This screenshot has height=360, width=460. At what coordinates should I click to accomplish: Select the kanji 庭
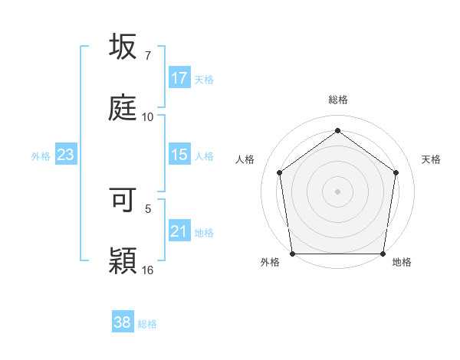pyautogui.click(x=123, y=108)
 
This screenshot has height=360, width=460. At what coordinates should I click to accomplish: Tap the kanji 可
pyautogui.click(x=123, y=201)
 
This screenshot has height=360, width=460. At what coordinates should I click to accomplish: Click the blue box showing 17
pyautogui.click(x=179, y=78)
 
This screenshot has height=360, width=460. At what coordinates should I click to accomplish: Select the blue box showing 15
pyautogui.click(x=179, y=155)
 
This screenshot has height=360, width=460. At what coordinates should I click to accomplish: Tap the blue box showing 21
pyautogui.click(x=179, y=231)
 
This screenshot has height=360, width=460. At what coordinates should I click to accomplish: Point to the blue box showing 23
pyautogui.click(x=66, y=155)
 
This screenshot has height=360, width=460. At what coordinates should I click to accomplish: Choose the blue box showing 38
pyautogui.click(x=123, y=322)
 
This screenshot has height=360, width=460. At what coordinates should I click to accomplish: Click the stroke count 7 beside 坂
pyautogui.click(x=148, y=55)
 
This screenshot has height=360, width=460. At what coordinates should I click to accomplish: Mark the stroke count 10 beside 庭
pyautogui.click(x=148, y=117)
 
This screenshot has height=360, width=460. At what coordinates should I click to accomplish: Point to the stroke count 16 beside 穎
pyautogui.click(x=148, y=270)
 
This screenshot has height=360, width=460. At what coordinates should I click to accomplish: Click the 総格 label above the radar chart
pyautogui.click(x=338, y=100)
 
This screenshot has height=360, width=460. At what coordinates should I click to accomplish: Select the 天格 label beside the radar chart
pyautogui.click(x=431, y=159)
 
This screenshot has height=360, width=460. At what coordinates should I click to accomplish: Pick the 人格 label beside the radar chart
pyautogui.click(x=245, y=159)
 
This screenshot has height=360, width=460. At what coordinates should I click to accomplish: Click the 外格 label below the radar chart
pyautogui.click(x=270, y=262)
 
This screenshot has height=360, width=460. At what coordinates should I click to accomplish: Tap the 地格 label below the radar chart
pyautogui.click(x=402, y=262)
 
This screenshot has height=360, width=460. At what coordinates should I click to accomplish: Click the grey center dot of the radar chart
pyautogui.click(x=338, y=191)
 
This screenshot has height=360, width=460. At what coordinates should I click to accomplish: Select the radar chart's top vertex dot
pyautogui.click(x=338, y=130)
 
